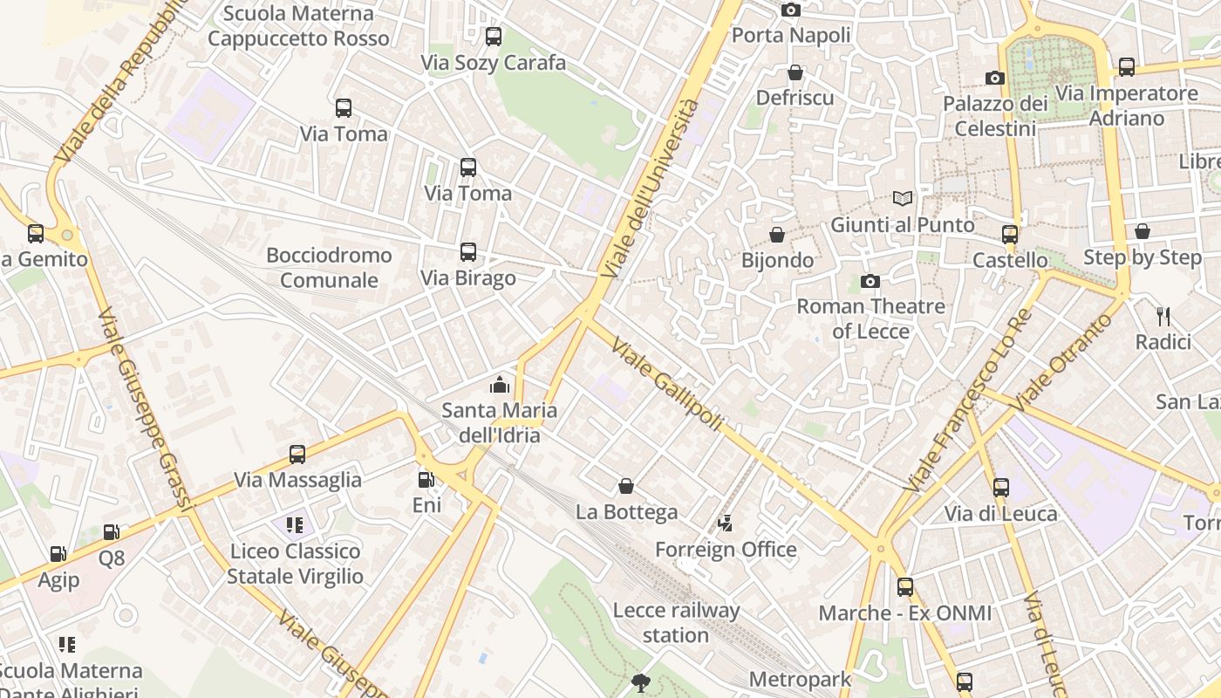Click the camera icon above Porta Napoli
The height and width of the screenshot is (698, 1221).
791,10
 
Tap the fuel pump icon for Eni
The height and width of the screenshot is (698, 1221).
426,479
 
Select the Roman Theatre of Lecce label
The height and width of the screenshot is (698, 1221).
870,318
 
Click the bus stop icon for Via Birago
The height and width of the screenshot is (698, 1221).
468,252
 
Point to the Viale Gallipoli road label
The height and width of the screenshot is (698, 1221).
667,384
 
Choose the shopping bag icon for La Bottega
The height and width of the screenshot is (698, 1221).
625,486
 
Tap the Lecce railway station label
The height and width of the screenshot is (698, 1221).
676,623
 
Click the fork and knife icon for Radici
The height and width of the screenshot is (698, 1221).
1163,316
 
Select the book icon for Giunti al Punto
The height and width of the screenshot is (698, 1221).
902,199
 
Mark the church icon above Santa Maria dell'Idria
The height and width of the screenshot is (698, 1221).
499,384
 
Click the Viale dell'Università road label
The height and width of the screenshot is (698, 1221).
651,189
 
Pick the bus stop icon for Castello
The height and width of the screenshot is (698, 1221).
1009,234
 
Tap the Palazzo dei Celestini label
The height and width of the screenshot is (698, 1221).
995,116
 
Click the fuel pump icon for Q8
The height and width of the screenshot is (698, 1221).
111,532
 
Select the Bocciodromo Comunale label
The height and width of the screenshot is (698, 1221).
329,268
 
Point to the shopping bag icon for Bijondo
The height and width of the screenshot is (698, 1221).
777,235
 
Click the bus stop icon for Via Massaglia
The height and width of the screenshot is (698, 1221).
297,455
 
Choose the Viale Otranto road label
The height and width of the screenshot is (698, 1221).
1063,362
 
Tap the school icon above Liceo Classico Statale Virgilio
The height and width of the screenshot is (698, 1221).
295,525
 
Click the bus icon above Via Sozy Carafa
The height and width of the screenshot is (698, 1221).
494,37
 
